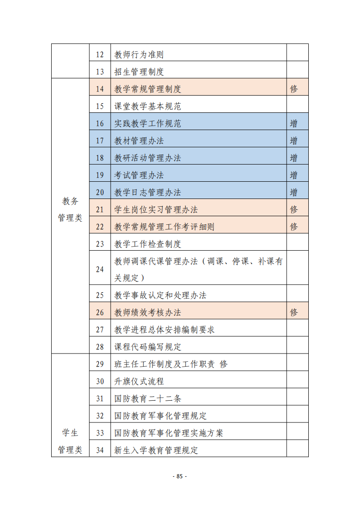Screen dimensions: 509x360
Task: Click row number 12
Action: [100, 55]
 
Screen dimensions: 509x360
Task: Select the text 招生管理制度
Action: [139, 72]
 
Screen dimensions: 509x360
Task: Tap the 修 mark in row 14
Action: [294, 89]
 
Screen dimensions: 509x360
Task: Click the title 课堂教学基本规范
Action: [147, 106]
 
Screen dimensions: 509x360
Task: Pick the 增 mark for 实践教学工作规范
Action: [294, 123]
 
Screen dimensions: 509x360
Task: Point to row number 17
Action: [100, 141]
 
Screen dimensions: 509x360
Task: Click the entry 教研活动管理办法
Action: [147, 158]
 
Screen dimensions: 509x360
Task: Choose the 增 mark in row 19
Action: [294, 175]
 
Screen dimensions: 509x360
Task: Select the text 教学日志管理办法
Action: [147, 192]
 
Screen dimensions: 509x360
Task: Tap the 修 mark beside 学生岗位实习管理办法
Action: [294, 209]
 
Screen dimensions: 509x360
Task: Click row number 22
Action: [100, 227]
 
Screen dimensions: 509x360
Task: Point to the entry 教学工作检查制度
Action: [147, 244]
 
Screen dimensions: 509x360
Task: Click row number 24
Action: [100, 269]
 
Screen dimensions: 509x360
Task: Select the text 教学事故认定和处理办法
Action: [160, 295]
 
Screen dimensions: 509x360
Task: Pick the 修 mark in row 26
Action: [294, 312]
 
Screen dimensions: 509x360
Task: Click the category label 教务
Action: [70, 201]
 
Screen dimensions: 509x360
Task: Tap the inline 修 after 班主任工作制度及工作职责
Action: [224, 364]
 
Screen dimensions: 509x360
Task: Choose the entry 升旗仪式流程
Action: [139, 381]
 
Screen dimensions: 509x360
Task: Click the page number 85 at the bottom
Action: [180, 476]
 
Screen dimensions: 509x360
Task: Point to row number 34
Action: [100, 450]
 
